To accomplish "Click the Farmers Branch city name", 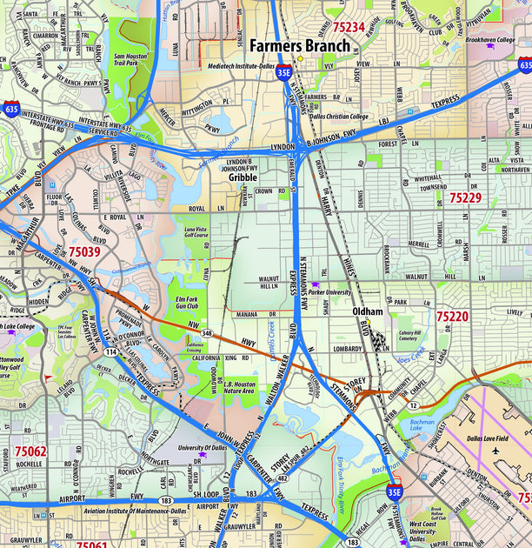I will [x=300, y=45].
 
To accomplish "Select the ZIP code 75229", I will [x=465, y=198].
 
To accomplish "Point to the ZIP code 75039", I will [x=84, y=252].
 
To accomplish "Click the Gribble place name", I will [x=243, y=177].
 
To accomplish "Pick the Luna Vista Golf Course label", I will [x=196, y=232].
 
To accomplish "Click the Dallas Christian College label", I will [x=339, y=117].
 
